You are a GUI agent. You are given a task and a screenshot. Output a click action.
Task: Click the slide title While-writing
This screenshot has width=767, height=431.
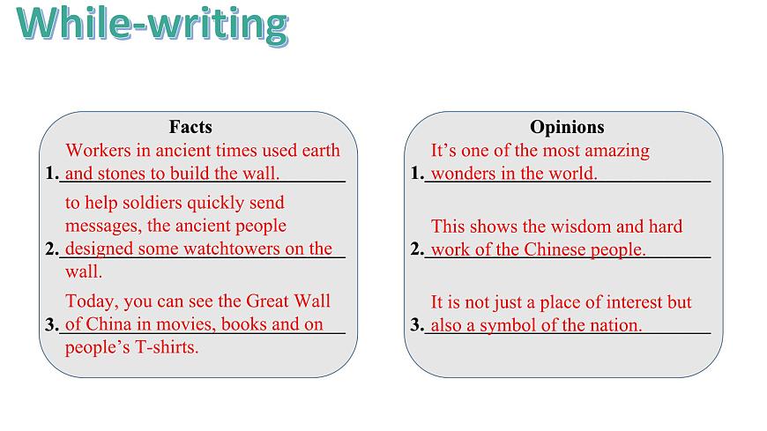[x=152, y=25]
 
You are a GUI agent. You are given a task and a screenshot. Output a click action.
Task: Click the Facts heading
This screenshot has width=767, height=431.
[x=190, y=127]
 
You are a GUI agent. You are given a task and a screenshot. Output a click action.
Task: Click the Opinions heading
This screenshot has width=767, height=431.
[x=567, y=127]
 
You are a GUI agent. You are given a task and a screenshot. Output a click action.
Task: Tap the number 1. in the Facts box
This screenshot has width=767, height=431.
[x=51, y=174]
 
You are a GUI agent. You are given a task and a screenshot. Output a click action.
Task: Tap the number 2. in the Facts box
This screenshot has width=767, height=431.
[x=51, y=249]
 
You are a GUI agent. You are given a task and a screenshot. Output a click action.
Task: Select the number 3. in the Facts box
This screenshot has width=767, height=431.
[x=51, y=325]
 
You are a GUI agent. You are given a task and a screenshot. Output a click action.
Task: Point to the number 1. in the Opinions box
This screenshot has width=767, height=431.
[x=417, y=174]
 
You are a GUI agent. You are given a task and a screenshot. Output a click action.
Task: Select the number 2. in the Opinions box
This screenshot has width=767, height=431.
[x=417, y=249]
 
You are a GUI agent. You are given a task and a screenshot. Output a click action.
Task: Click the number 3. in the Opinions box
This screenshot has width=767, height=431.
[x=417, y=325]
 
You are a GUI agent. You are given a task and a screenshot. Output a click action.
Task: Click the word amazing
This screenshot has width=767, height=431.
[x=619, y=151]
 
